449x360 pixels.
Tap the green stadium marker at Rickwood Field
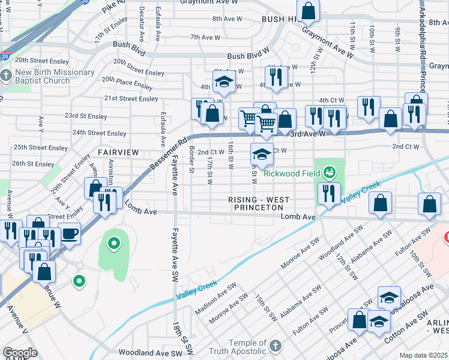click(x=328, y=173)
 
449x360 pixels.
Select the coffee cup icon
click(x=70, y=234)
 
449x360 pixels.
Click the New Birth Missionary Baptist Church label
click(x=55, y=77)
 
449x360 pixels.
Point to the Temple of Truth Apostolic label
click(x=237, y=346)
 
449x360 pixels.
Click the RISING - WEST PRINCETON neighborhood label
click(x=259, y=203)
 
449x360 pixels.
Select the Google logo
click(x=20, y=353)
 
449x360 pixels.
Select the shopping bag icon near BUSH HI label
click(x=308, y=11)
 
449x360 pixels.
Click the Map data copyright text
click(x=424, y=355)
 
